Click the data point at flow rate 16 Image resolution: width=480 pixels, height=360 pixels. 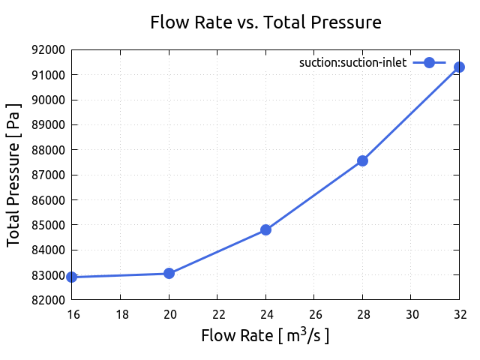click(72, 277)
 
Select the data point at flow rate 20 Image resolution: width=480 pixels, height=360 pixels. click(169, 273)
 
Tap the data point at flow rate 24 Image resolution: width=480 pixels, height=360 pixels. click(265, 229)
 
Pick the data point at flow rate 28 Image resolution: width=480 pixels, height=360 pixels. click(362, 160)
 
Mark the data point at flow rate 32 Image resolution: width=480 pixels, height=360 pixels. click(459, 67)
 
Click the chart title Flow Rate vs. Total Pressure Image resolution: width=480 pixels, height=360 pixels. click(265, 22)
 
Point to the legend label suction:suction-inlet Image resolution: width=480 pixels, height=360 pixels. click(352, 63)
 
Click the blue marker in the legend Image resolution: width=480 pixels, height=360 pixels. click(429, 63)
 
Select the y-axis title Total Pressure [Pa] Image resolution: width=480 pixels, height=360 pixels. click(13, 175)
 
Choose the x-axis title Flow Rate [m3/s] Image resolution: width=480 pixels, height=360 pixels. click(265, 334)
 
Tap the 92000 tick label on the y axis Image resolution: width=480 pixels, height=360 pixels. click(48, 50)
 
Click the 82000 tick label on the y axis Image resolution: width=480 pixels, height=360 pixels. click(48, 300)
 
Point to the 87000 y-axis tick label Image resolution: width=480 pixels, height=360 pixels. click(48, 175)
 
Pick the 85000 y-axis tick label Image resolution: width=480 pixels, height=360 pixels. click(48, 225)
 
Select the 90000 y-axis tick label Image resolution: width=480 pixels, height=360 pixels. click(48, 100)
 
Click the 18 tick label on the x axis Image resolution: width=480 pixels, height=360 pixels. click(121, 313)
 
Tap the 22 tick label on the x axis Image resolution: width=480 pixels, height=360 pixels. click(217, 313)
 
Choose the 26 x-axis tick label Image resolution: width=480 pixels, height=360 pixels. click(314, 313)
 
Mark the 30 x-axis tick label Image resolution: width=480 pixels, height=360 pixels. click(411, 313)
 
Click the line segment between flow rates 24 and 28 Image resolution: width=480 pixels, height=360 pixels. click(314, 195)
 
